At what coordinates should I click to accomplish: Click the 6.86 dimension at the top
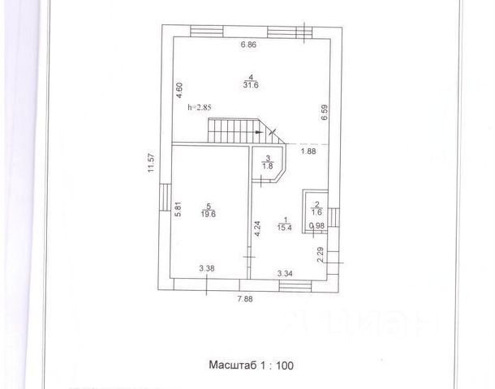248,45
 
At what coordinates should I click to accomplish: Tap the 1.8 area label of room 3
267,166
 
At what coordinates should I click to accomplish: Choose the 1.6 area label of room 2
317,212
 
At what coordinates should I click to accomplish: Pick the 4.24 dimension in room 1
257,228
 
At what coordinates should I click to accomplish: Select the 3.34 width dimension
285,274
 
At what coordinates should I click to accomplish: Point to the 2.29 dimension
320,257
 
